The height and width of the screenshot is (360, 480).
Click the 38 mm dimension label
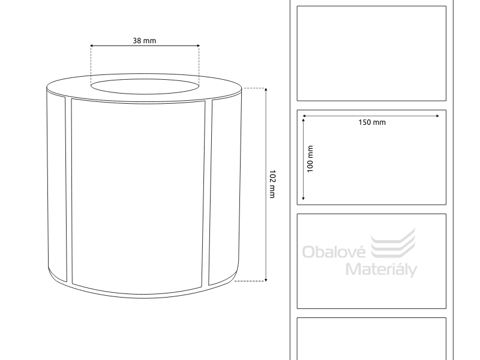click(144, 41)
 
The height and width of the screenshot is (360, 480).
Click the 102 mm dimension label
click(272, 184)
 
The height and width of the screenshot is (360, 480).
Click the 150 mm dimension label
click(372, 122)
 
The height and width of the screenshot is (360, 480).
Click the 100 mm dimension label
click(310, 159)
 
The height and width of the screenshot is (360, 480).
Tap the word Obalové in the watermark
click(334, 251)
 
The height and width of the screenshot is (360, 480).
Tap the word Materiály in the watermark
click(382, 269)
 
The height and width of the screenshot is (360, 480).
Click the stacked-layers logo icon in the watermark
click(393, 242)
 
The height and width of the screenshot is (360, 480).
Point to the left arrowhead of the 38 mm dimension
click(91, 46)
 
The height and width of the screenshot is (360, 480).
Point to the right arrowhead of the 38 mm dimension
click(199, 46)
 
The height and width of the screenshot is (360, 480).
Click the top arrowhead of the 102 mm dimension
click(266, 89)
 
